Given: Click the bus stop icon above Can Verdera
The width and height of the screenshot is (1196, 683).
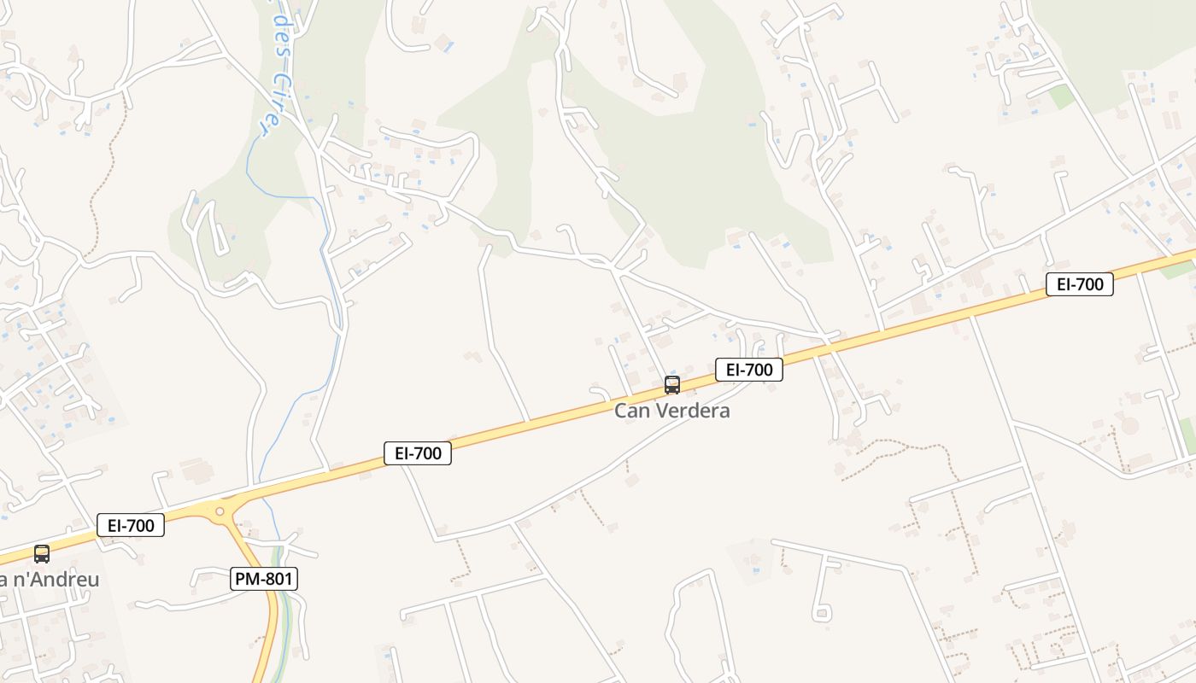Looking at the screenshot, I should pos(672,385).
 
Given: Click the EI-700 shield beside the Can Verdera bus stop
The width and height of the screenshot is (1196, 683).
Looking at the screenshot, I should pos(748,370).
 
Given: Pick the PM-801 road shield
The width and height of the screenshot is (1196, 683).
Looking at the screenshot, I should pos(264,579).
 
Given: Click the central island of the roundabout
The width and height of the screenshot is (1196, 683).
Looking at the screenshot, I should pos(220,511).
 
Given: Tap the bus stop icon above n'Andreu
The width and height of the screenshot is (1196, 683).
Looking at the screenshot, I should pos(41,554).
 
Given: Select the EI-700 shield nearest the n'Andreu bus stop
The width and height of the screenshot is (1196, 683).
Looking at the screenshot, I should pos(130,525).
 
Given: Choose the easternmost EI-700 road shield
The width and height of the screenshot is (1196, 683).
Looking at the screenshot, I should pos(1079,284).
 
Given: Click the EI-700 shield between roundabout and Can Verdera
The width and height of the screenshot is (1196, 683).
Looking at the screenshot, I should pos(417,453).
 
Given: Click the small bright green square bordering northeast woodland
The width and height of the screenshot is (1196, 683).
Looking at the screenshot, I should pos(1062,96).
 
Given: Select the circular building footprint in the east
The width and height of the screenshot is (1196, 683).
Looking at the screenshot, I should pos(1130,425).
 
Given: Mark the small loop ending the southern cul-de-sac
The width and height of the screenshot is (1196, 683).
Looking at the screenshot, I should pos(822,612).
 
